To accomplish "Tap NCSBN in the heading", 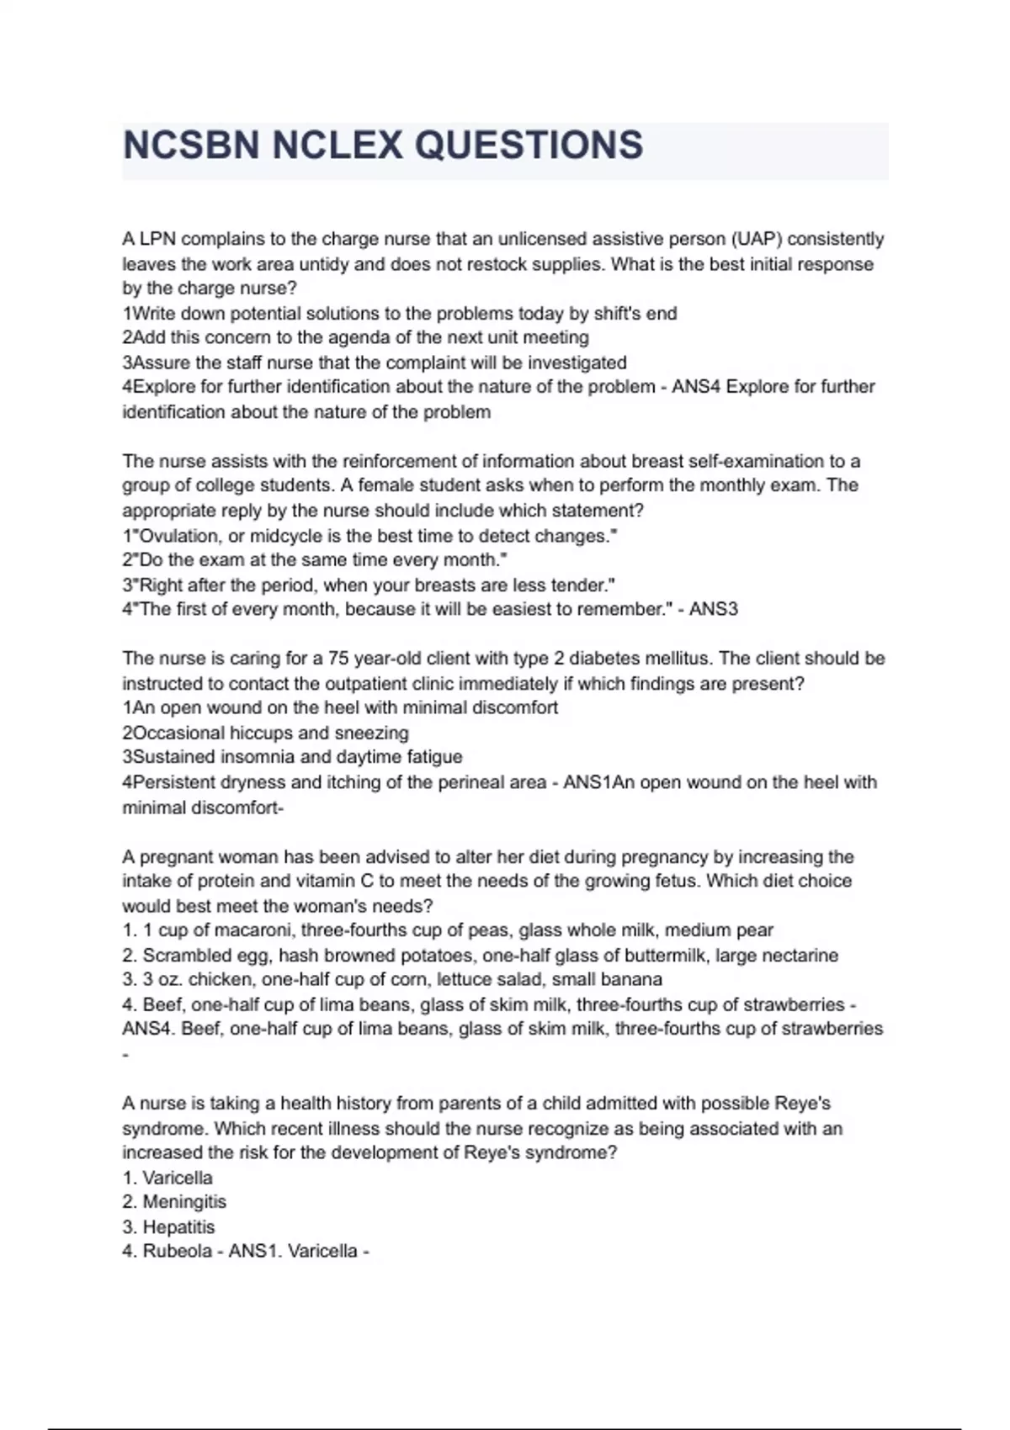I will [x=191, y=146].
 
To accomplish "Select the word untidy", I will [x=322, y=264].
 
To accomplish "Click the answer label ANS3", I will [x=713, y=609].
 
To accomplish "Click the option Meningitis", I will [x=184, y=1202].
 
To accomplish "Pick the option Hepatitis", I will [x=178, y=1227].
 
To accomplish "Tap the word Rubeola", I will [x=177, y=1252].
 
